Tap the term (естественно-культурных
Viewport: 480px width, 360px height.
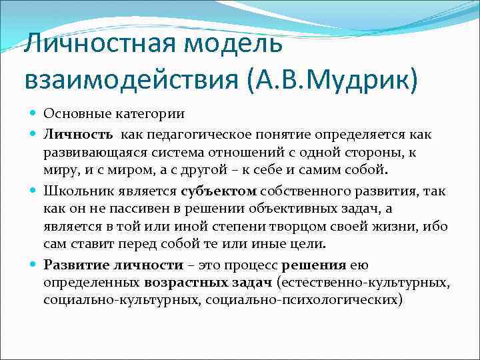(x=364, y=283)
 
